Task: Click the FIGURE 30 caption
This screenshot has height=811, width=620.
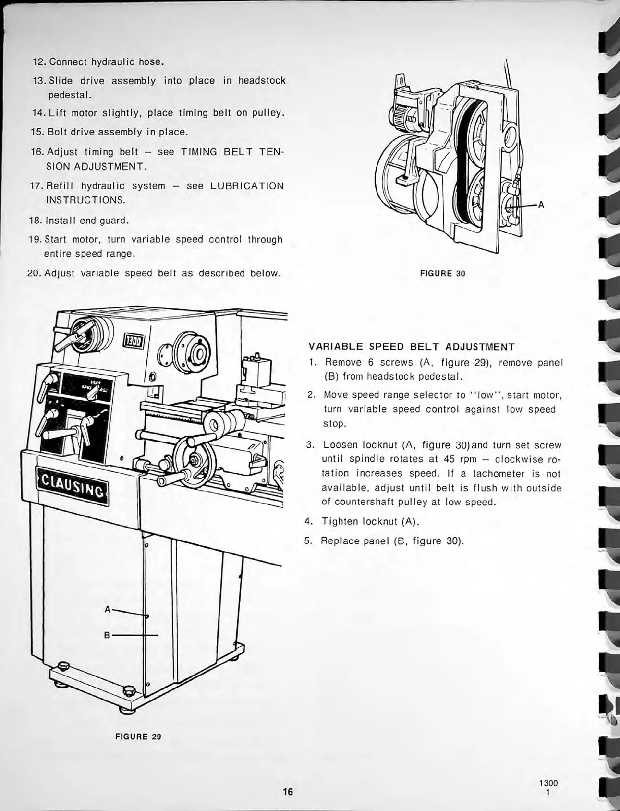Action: [x=443, y=274]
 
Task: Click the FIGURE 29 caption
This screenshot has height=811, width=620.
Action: [x=138, y=736]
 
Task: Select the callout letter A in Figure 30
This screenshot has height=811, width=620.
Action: [x=541, y=205]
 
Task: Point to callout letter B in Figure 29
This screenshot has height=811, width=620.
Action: [x=107, y=635]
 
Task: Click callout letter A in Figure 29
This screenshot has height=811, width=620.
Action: [x=107, y=609]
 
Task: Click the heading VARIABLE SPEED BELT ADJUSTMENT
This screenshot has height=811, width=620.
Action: [x=412, y=347]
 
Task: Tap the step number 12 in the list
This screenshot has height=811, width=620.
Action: [x=39, y=62]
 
